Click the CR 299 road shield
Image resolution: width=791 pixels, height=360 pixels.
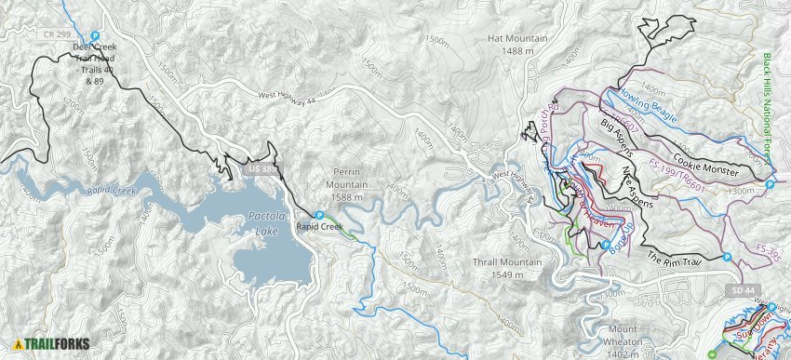57,33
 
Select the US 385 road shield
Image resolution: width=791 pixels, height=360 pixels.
264,169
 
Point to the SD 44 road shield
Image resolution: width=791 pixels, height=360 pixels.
737,292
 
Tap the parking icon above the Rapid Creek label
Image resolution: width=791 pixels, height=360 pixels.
319,215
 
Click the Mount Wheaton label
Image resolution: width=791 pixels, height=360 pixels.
623,336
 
